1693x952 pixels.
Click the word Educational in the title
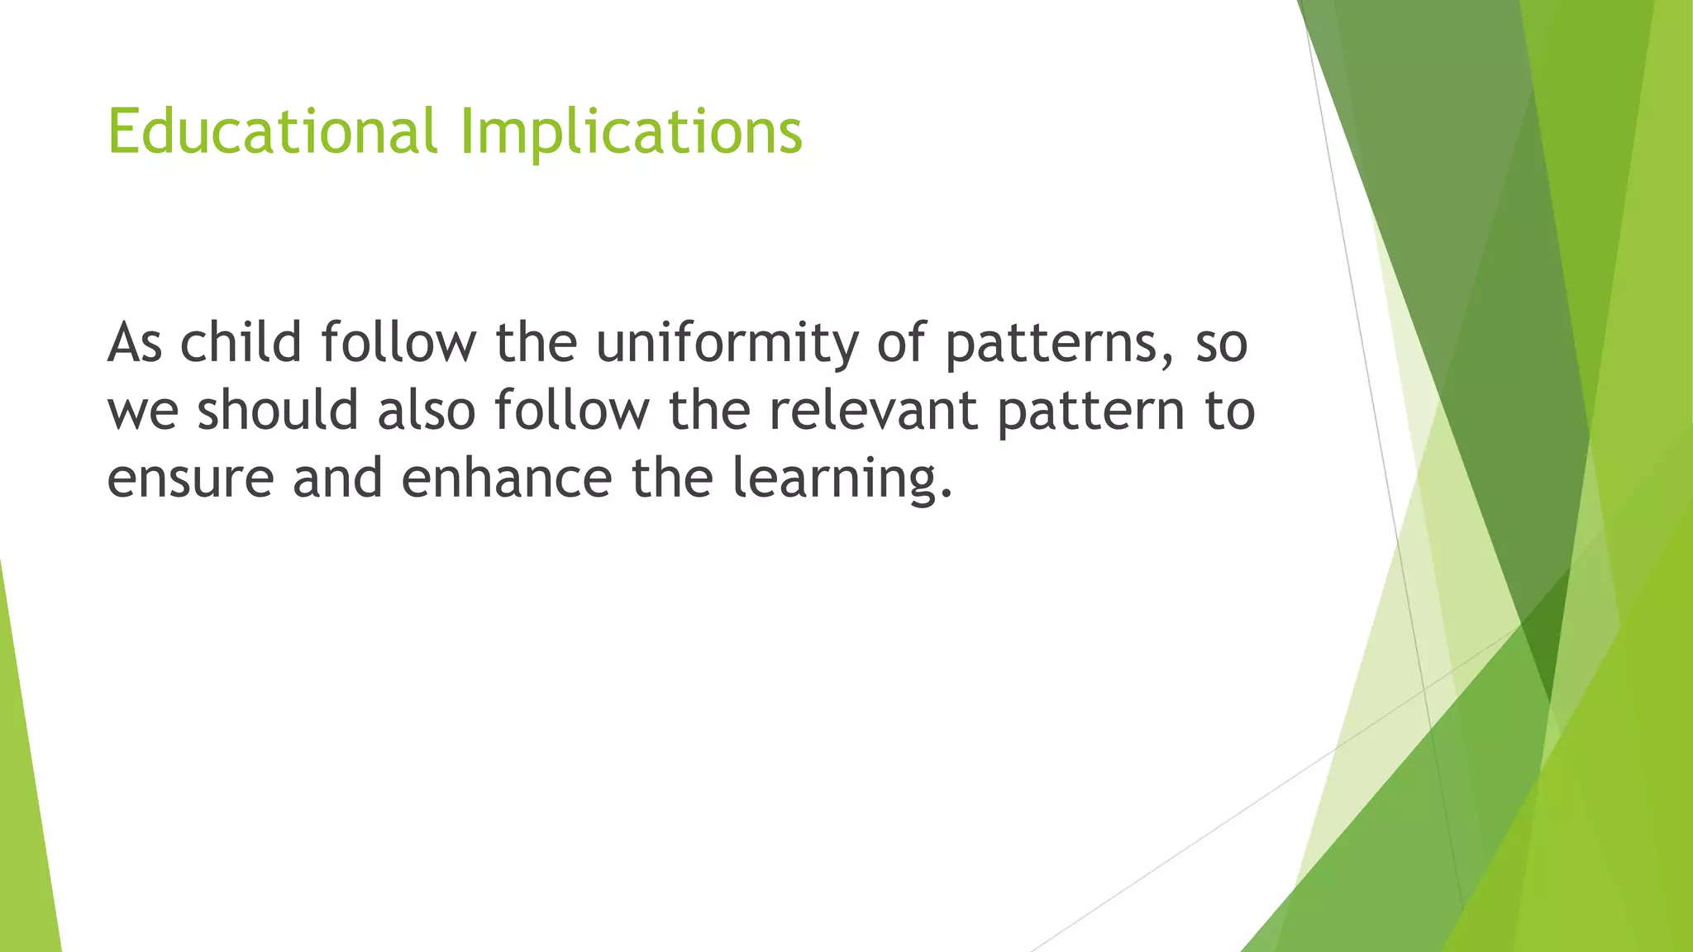[x=271, y=132]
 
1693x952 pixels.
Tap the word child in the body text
[x=241, y=342]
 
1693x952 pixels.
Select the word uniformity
[x=727, y=342]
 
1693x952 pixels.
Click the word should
[x=278, y=410]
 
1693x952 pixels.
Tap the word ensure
[x=190, y=478]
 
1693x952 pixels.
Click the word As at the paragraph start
[x=135, y=342]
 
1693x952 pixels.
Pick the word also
[x=427, y=410]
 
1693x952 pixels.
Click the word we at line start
[x=142, y=412]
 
